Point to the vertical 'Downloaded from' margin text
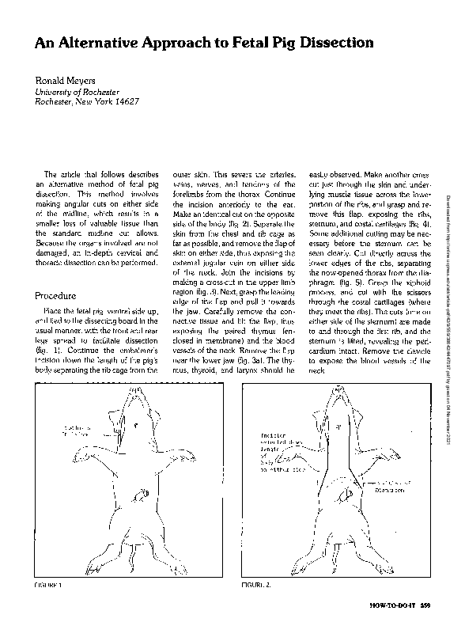coord(452,198)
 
